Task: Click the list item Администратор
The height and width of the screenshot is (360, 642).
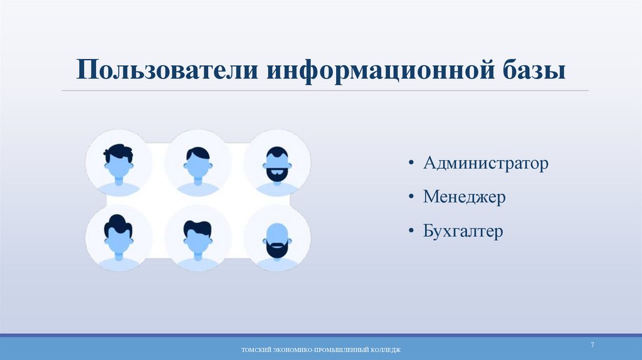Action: pyautogui.click(x=486, y=164)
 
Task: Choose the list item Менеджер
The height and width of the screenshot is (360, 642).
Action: pyautogui.click(x=465, y=198)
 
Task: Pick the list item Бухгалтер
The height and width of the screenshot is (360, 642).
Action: pyautogui.click(x=463, y=231)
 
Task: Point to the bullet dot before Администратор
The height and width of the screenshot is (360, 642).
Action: pyautogui.click(x=411, y=165)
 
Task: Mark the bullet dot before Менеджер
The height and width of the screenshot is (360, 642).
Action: pyautogui.click(x=411, y=198)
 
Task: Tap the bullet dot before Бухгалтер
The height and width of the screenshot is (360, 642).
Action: pyautogui.click(x=411, y=232)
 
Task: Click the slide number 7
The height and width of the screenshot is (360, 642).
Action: pyautogui.click(x=592, y=346)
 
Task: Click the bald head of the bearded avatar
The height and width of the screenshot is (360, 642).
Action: pyautogui.click(x=277, y=230)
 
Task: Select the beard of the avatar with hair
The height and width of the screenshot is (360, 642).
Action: pyautogui.click(x=277, y=173)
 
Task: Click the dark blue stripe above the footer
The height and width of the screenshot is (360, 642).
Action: pyautogui.click(x=321, y=336)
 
